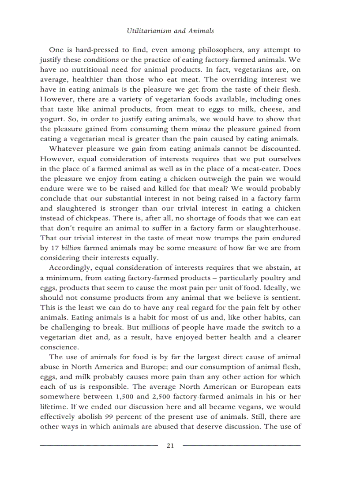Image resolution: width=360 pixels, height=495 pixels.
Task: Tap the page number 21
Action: pos(170,446)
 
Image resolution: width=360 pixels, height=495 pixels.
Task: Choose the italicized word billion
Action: pos(71,248)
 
